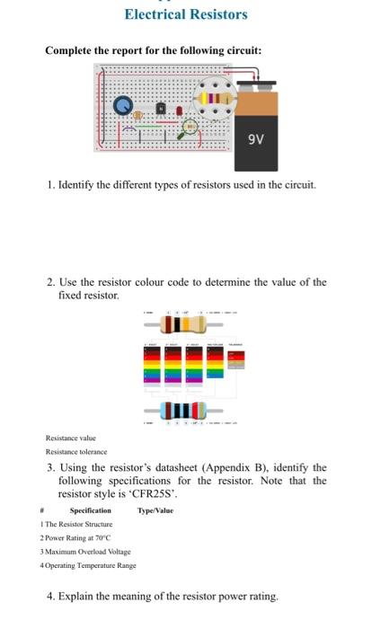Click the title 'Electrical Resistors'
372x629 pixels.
point(186,14)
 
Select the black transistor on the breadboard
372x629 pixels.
point(161,109)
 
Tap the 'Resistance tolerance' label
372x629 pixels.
point(76,451)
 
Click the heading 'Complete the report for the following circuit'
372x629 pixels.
point(154,50)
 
